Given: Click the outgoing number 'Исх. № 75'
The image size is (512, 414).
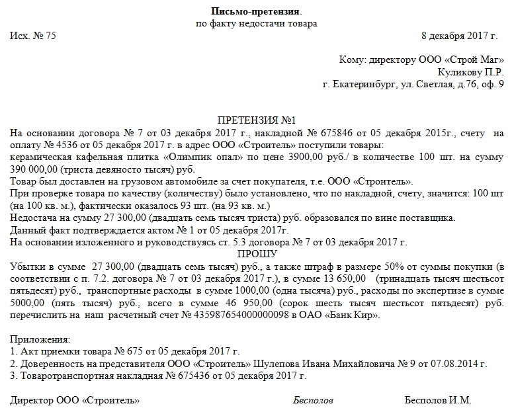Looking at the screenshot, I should pos(33,36).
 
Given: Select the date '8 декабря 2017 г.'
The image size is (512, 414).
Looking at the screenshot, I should pos(462,36).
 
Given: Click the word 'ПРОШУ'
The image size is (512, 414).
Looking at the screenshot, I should pos(255,253).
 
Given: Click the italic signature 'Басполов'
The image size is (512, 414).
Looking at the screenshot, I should pos(313,401).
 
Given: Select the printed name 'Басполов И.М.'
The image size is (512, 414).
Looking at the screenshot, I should pos(438,401).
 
